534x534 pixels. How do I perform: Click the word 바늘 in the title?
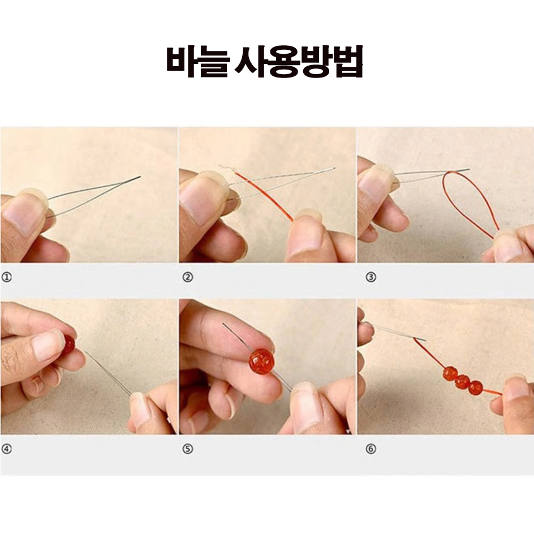pos(196,61)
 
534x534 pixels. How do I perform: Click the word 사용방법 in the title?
pos(299,61)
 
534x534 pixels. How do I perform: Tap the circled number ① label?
pos(6,277)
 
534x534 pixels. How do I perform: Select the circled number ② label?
pos(188,277)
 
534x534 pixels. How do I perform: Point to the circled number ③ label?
pos(371,277)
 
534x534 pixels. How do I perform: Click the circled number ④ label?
pos(6,449)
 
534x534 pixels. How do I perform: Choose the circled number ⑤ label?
pos(188,449)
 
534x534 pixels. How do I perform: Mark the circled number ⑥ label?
pos(371,449)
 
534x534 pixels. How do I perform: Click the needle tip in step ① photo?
pos(140,176)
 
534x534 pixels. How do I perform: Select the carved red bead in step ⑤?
pos(261,361)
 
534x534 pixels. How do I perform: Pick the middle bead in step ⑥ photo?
pos(463,380)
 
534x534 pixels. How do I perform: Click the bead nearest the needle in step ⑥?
pos(450,373)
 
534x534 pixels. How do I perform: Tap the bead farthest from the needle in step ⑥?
pos(475,388)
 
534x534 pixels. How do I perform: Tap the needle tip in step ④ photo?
pos(85,352)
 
